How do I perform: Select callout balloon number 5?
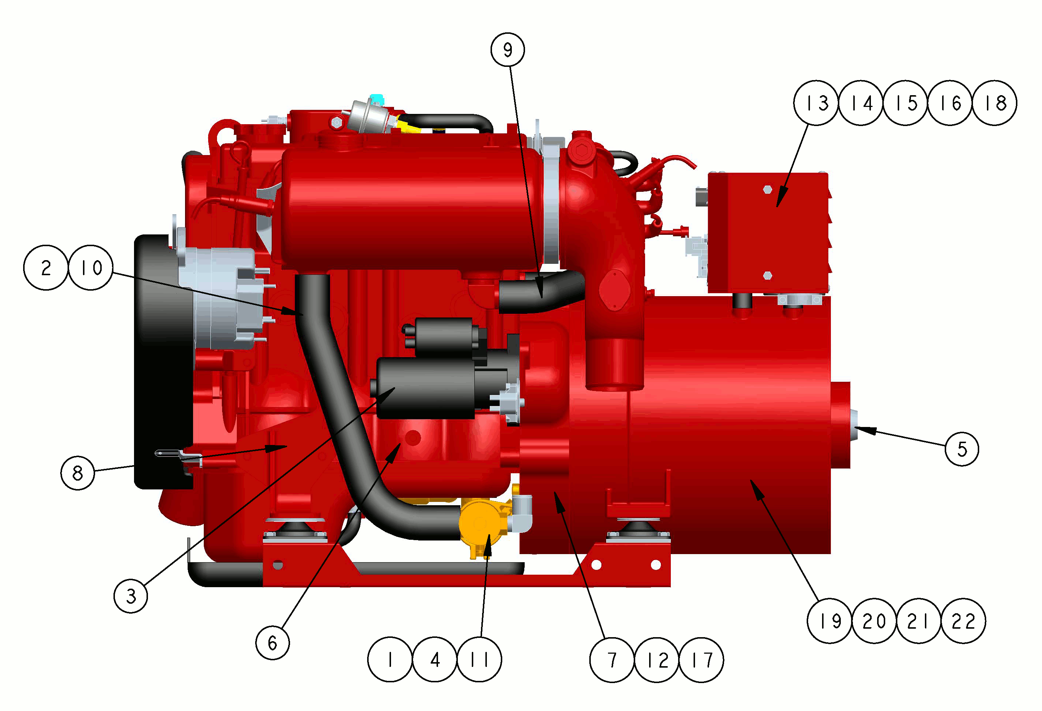[962, 449]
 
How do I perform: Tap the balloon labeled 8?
[77, 473]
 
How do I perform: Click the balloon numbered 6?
[272, 643]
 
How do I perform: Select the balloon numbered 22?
[963, 621]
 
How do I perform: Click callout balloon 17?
[701, 660]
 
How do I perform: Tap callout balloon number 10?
[91, 268]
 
